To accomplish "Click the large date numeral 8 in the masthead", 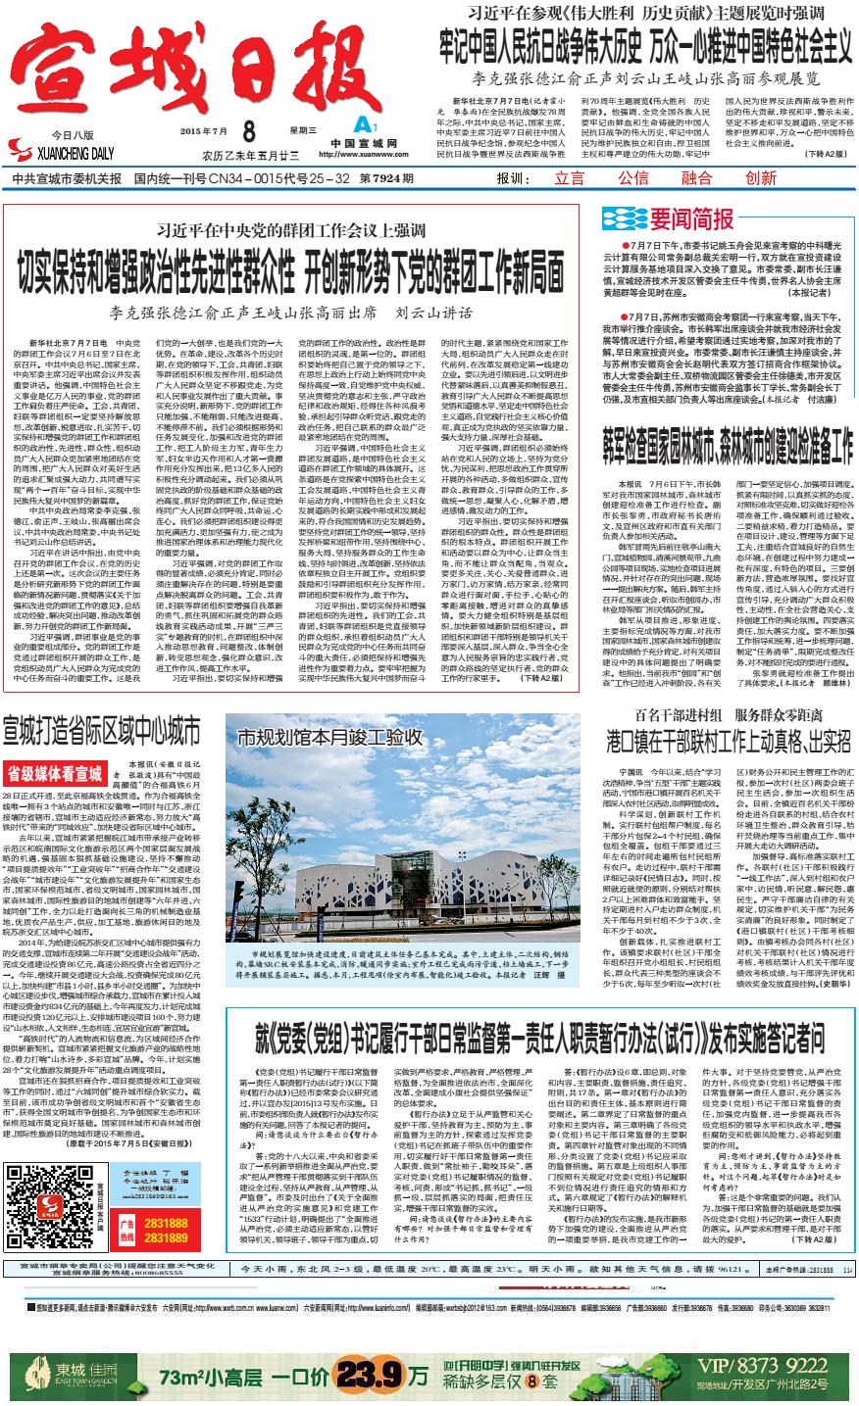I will click(248, 131).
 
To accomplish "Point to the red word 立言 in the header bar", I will click(570, 179).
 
